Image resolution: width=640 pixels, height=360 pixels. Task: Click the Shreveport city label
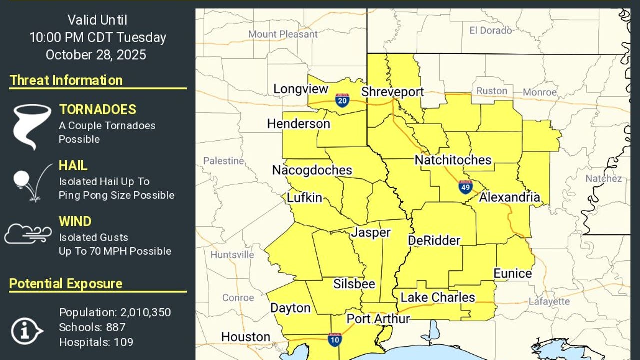(x=392, y=92)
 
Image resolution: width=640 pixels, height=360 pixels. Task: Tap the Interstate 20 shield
(x=342, y=100)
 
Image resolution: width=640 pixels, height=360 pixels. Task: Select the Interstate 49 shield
(x=465, y=187)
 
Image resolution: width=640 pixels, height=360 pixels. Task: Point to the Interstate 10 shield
(x=335, y=340)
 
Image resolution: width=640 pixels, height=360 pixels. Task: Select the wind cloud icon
(x=28, y=233)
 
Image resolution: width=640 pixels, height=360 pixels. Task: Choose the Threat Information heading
(x=66, y=80)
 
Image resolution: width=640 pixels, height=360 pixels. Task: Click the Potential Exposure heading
(x=66, y=284)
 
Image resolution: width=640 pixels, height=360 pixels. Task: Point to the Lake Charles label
(x=438, y=297)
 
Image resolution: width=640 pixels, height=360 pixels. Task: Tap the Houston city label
(x=246, y=337)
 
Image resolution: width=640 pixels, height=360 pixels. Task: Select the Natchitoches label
(x=453, y=160)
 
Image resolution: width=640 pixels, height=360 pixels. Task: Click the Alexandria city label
(x=510, y=197)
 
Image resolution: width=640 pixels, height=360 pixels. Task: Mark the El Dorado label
(x=490, y=31)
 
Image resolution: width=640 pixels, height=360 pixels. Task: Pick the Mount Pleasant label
(x=283, y=34)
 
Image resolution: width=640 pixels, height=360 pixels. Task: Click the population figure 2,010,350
(x=145, y=313)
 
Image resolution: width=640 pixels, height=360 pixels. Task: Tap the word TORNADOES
(x=98, y=110)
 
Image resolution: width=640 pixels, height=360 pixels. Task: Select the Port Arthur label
(x=378, y=319)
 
